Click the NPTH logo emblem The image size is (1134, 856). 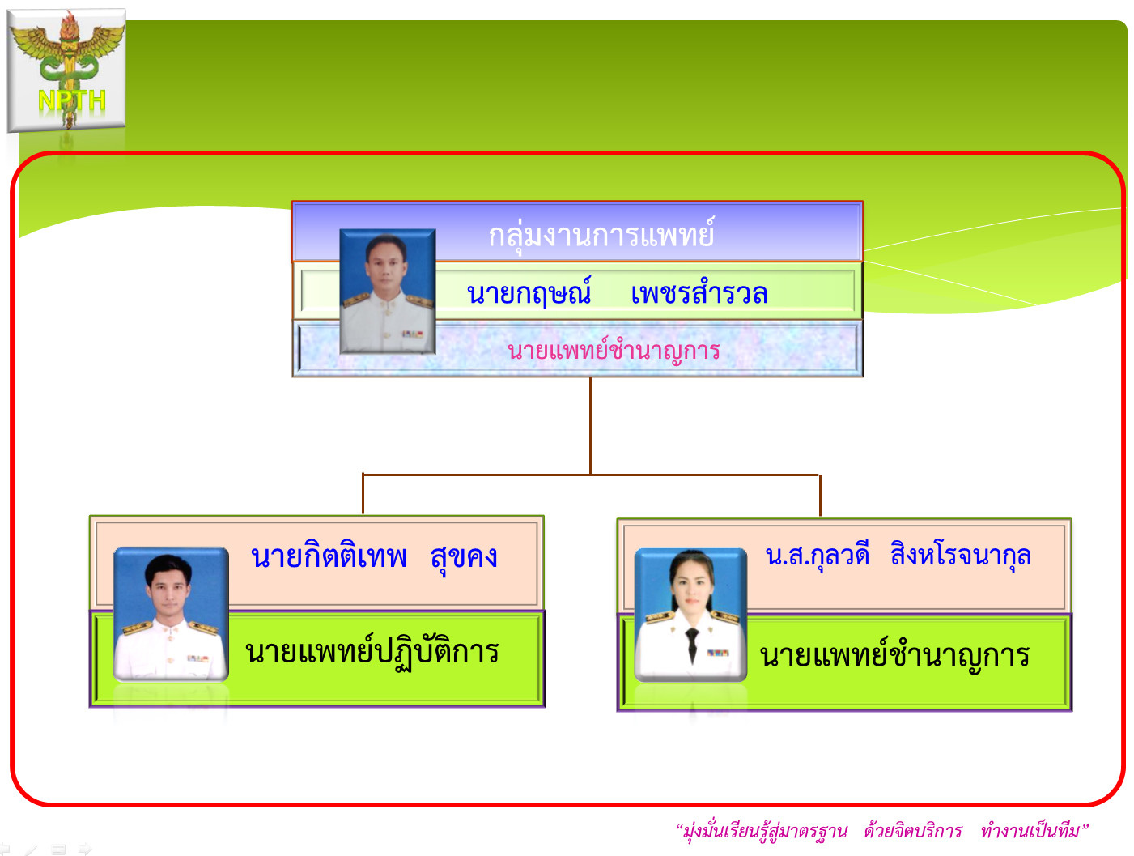(66, 70)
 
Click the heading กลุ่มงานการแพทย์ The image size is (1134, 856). (601, 235)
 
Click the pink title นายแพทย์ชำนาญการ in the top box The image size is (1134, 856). (614, 350)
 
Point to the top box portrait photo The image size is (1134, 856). (387, 291)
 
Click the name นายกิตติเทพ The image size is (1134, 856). (329, 556)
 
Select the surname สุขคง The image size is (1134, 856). (464, 557)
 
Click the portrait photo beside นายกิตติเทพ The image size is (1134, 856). (171, 614)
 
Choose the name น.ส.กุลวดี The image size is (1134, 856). (818, 556)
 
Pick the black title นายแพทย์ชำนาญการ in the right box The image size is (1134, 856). (894, 654)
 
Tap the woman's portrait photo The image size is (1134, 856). (690, 615)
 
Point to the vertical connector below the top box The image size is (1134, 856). (590, 425)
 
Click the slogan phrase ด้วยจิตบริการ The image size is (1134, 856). (913, 831)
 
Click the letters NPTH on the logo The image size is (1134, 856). (72, 100)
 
